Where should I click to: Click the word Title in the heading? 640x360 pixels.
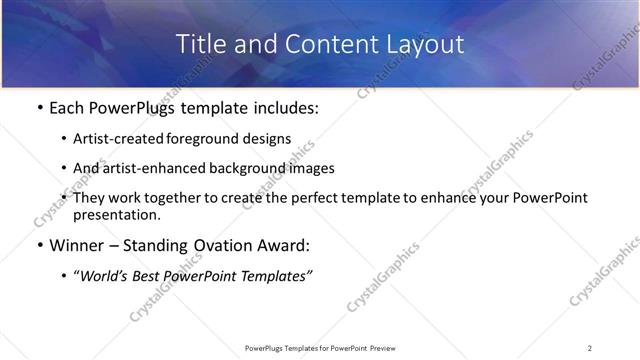(199, 45)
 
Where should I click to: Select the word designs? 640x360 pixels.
(267, 139)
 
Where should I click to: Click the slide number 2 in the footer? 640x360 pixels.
(590, 348)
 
